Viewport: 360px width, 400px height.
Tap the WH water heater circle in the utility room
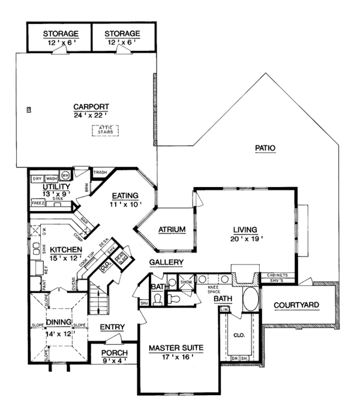(66, 176)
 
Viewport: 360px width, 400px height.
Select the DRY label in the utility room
(37, 179)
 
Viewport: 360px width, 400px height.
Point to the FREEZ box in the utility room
(38, 203)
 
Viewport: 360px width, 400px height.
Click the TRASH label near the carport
(100, 173)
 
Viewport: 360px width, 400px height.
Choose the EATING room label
(124, 196)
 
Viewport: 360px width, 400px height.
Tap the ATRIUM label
(172, 230)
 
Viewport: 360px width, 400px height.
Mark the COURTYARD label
(296, 305)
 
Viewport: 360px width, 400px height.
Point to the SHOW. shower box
(185, 281)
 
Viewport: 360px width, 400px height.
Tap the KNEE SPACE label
(214, 289)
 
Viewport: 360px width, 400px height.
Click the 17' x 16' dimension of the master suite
(176, 356)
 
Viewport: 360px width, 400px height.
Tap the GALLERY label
(166, 263)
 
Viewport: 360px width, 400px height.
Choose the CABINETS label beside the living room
(275, 275)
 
